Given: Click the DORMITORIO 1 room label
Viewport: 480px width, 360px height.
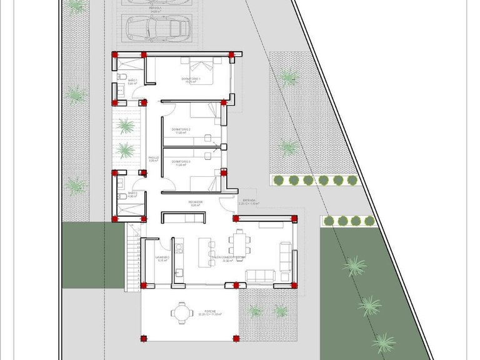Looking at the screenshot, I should point(191,79).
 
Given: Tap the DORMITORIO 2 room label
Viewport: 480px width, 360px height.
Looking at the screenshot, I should point(182,130).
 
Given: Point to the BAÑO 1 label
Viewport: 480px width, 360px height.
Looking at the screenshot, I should point(132,81).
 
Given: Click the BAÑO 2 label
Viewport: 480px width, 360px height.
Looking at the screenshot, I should point(132,194).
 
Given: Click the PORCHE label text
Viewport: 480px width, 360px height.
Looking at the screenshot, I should point(211,311).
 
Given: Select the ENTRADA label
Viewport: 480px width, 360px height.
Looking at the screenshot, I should point(248,200).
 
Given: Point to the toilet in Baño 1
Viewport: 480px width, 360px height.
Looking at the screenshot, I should point(121,77).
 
